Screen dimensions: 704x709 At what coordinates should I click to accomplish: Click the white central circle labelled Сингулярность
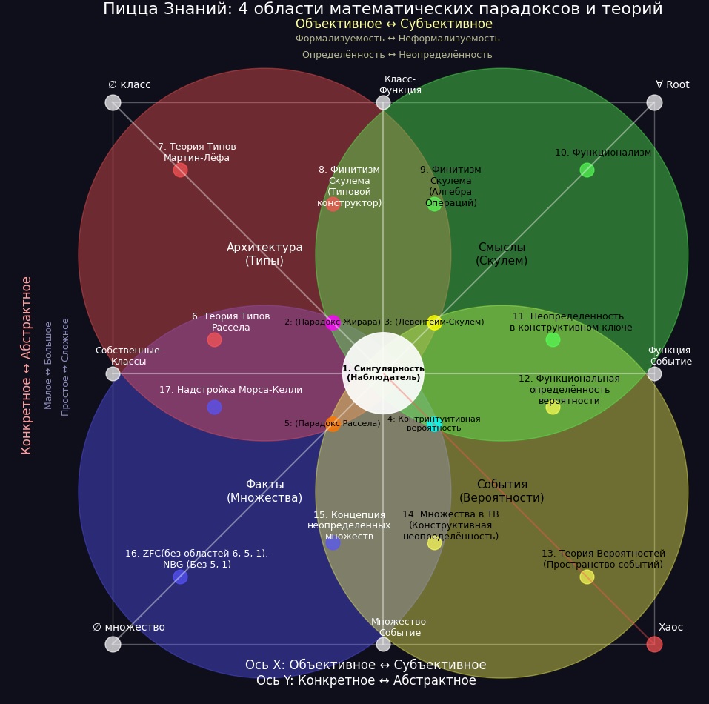tap(383, 373)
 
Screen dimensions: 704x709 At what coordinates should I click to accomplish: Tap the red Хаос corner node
tap(654, 644)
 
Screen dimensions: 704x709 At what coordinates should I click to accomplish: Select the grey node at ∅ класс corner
tap(113, 102)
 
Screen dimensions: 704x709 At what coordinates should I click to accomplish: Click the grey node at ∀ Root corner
tap(654, 102)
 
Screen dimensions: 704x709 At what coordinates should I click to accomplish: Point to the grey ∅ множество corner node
tap(113, 644)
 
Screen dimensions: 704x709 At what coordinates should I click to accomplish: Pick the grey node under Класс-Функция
tap(383, 102)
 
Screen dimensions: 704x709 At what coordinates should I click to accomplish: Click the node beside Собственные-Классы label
tap(113, 373)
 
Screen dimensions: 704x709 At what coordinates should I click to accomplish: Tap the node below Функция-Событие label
tap(654, 373)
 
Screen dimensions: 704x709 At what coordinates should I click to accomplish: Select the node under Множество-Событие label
tap(383, 644)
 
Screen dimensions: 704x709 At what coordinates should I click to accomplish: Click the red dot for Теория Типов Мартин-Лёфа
tap(180, 170)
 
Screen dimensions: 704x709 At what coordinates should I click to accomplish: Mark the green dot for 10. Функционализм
tap(587, 170)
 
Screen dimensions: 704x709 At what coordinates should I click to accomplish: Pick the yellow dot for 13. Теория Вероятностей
tap(587, 577)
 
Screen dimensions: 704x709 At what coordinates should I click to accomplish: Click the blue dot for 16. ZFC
tap(180, 577)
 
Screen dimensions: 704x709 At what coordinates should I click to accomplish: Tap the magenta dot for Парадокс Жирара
tap(333, 322)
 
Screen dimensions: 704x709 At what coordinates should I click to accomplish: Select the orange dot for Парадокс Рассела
tap(333, 424)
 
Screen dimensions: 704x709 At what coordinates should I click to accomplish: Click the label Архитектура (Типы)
tap(264, 253)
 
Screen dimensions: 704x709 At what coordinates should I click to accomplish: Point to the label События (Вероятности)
tap(502, 491)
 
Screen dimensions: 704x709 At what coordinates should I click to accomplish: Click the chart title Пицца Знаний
tap(382, 9)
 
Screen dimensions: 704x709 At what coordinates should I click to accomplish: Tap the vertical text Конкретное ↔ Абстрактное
tap(27, 365)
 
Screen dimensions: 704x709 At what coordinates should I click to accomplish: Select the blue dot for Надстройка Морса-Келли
tap(214, 407)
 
